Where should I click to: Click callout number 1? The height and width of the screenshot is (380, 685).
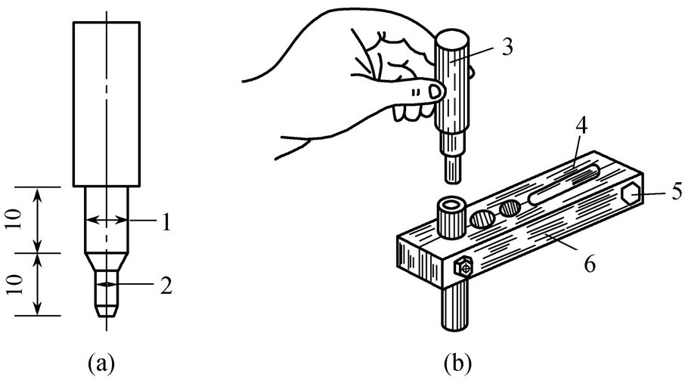[166, 223]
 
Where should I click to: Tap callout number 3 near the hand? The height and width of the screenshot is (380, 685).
[507, 47]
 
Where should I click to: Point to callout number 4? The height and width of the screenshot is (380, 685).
[581, 125]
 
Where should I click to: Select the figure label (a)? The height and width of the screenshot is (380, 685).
[101, 363]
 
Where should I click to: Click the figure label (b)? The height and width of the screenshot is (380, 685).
[457, 363]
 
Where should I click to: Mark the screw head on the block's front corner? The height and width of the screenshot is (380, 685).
[463, 267]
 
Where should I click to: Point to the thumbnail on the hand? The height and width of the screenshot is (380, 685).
[435, 91]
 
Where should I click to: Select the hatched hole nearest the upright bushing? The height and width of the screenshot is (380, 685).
[482, 219]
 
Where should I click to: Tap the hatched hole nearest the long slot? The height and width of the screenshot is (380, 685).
[510, 209]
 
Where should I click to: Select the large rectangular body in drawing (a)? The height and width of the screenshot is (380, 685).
[107, 104]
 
